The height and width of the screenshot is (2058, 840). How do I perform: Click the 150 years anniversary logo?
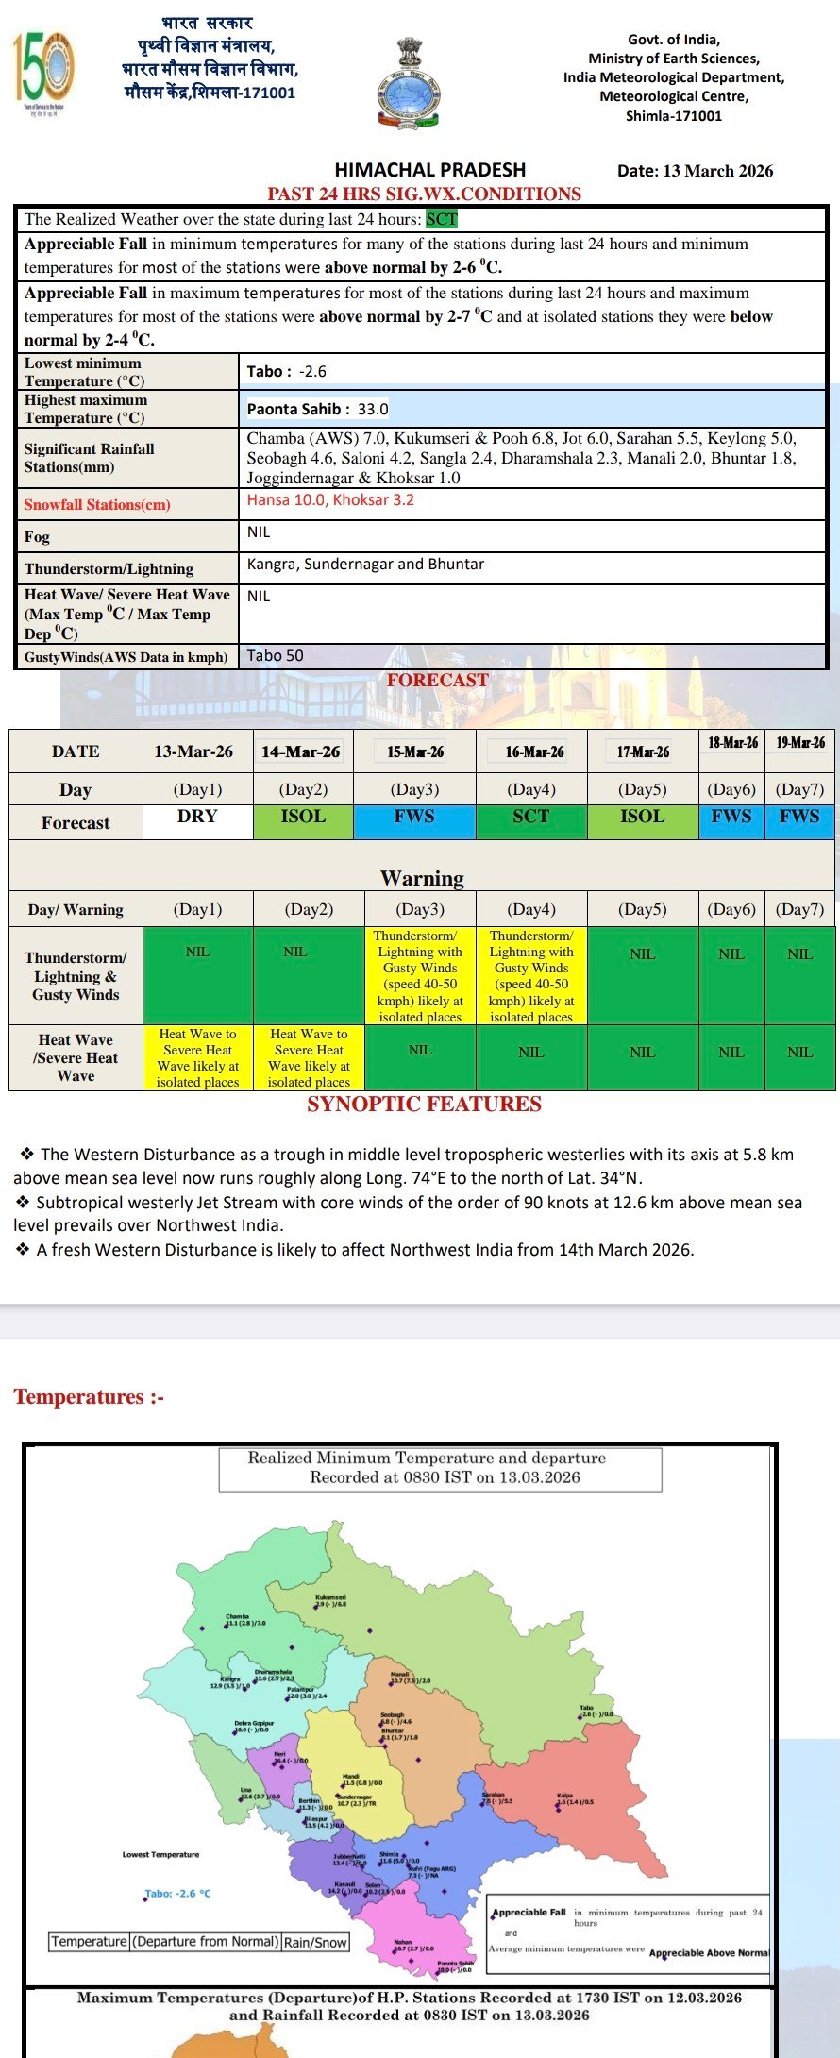42,72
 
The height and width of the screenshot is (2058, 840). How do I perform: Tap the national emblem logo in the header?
409,83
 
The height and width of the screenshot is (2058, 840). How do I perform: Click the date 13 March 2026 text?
695,171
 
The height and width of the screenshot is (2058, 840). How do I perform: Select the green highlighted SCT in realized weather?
441,219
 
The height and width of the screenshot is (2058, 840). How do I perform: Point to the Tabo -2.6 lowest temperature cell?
287,372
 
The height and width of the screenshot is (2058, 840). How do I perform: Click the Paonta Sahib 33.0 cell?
317,409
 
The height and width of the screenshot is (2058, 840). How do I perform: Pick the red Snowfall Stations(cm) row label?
97,504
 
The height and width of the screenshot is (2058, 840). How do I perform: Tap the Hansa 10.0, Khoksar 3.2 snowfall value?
330,500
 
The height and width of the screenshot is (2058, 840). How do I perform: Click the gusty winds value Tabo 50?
276,656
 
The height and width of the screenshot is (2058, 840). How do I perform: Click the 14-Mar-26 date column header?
302,751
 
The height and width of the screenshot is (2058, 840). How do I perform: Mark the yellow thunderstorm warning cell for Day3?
420,976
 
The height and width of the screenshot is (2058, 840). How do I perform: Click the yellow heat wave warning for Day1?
197,1058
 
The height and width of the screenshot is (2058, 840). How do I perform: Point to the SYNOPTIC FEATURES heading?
424,1105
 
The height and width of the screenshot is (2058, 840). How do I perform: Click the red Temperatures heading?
89,1396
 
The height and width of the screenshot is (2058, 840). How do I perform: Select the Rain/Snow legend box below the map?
316,1942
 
